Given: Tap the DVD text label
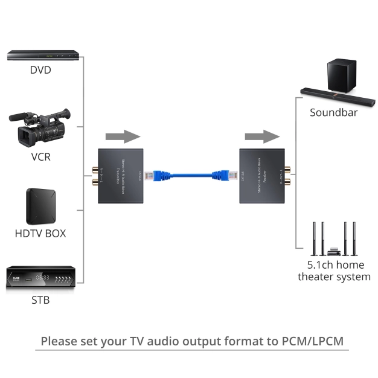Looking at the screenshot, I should [x=40, y=70].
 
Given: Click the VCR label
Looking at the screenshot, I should [x=40, y=157].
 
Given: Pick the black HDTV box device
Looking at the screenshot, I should [x=40, y=205].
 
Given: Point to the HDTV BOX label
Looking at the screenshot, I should [x=40, y=233].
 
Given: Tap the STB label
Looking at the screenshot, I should [x=40, y=300].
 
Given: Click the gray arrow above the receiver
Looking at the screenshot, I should [x=262, y=136].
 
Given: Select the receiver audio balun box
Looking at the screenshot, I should [x=262, y=175].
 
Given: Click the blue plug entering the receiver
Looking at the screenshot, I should [x=225, y=175].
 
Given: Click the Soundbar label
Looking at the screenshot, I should [x=334, y=112].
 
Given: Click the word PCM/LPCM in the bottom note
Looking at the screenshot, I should [x=312, y=341].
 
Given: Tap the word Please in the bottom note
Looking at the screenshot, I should [x=60, y=341].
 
